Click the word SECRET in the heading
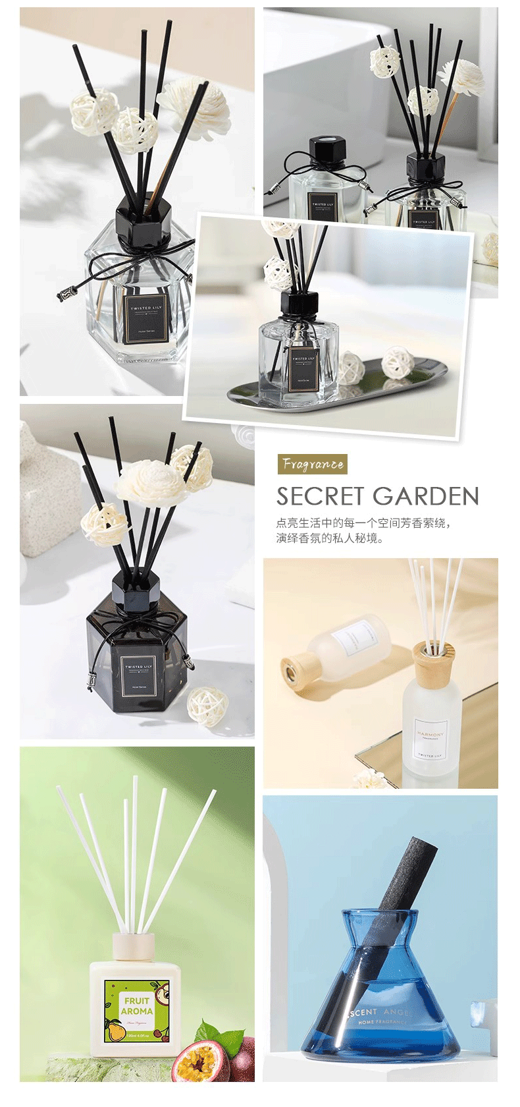[x=321, y=496]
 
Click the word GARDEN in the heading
[x=428, y=496]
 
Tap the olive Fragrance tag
[x=312, y=464]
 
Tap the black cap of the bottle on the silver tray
[x=299, y=306]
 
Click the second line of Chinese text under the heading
[x=330, y=538]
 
